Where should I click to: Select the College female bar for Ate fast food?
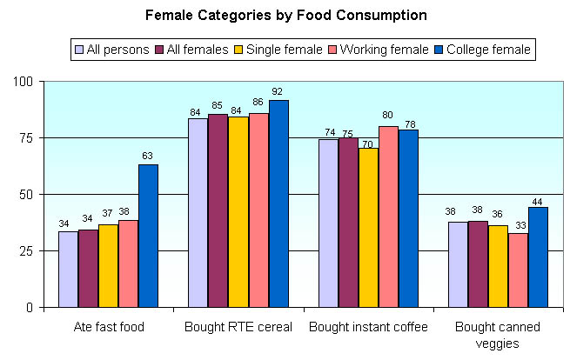coord(148,236)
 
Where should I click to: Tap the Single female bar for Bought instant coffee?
coord(368,228)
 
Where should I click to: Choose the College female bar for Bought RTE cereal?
coord(278,203)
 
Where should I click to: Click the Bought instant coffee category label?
coord(368,328)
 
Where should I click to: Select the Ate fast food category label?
coord(109,328)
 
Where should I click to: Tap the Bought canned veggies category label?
coord(499,335)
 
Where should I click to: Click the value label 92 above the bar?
coord(278,91)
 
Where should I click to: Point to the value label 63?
coord(148,156)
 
